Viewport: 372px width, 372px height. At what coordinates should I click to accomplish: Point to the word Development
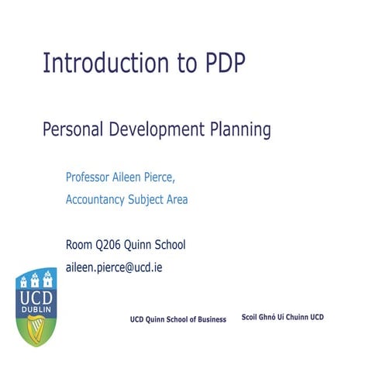tap(157, 129)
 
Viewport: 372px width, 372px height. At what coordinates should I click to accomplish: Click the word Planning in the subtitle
tap(241, 130)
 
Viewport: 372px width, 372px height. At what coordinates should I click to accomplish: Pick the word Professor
tap(91, 177)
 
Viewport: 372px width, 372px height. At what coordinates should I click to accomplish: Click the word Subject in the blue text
tap(150, 200)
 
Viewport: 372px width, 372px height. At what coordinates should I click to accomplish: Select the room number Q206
tap(109, 246)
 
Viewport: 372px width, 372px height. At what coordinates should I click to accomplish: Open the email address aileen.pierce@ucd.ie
tap(114, 267)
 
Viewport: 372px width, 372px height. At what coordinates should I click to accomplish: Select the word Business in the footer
tap(209, 319)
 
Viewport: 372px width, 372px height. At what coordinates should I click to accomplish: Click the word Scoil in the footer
tap(251, 319)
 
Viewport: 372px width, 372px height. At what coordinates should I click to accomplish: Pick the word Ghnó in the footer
tap(273, 319)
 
